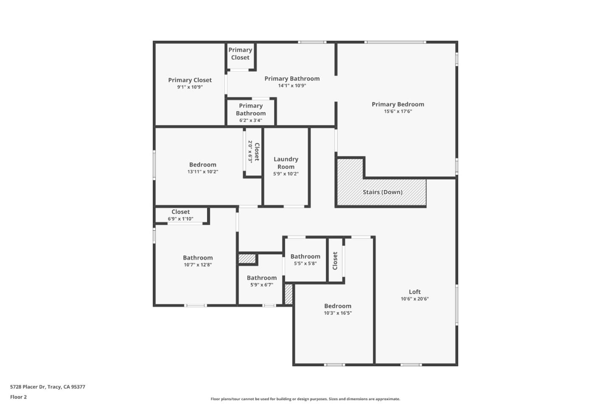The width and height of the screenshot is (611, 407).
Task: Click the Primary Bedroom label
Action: point(398,104)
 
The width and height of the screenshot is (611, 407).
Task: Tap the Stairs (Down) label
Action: point(382,192)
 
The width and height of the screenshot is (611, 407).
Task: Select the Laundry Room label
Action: point(286,163)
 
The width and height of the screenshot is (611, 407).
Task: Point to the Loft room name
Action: point(415,292)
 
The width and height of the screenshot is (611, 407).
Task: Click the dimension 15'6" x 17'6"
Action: point(398,112)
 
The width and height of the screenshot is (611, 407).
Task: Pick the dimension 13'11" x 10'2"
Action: point(203,172)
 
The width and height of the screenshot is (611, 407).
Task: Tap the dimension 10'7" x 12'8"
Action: point(198,265)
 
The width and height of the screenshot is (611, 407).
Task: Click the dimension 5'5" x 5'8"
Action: point(305,263)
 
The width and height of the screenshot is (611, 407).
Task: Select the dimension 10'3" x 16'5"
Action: point(338,313)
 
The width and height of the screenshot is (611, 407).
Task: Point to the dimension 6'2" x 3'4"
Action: point(251,120)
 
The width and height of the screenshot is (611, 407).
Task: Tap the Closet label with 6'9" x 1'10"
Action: point(180,212)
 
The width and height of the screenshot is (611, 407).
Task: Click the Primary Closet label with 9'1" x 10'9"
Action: point(190,80)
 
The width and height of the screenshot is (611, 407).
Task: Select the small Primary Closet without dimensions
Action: point(240,54)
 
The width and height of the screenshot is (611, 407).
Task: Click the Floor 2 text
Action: point(18,397)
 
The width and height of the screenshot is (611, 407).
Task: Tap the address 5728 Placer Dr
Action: point(48,387)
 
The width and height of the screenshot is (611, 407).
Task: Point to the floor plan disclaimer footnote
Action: point(305,399)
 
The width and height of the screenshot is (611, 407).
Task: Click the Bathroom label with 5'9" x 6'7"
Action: point(261,278)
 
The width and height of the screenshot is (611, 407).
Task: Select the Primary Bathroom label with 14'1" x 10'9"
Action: point(292,78)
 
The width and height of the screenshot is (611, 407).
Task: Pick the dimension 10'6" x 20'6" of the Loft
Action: point(415,299)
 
